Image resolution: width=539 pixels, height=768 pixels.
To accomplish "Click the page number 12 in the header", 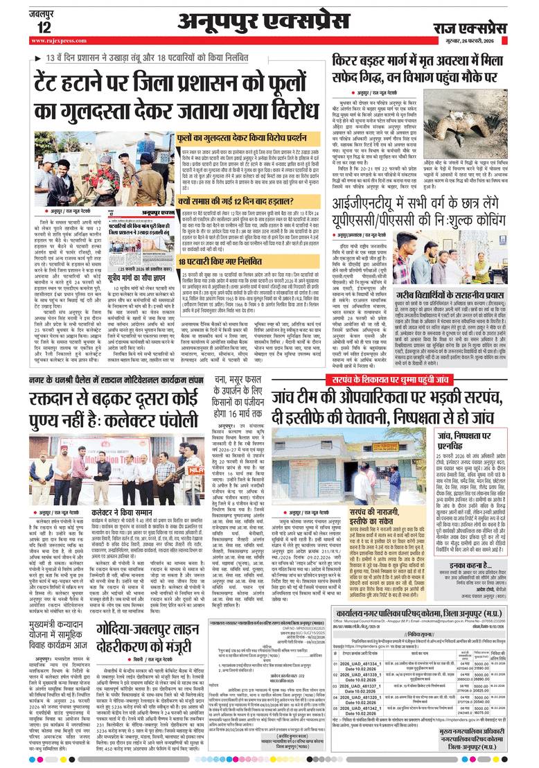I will (44, 27).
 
